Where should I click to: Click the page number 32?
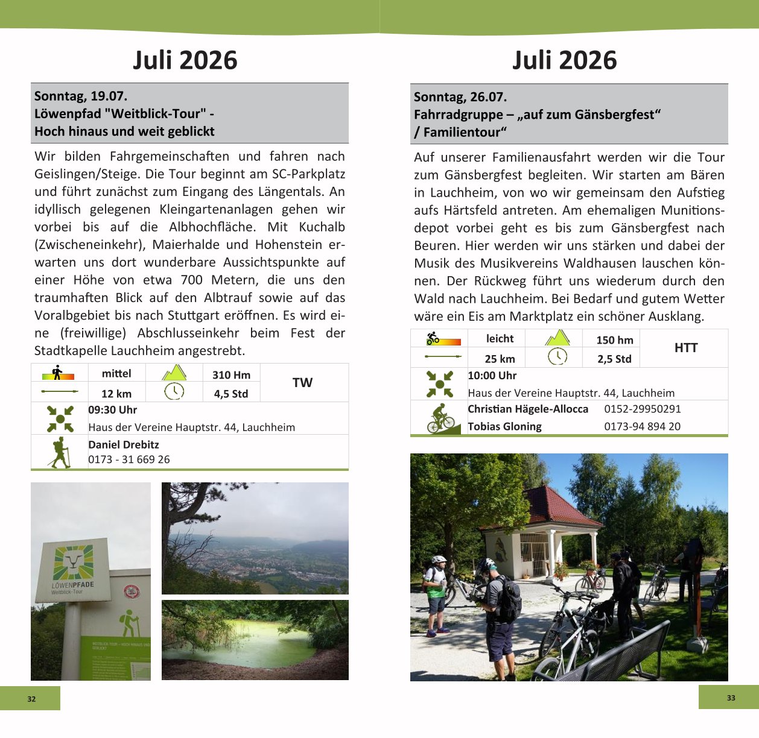(31, 699)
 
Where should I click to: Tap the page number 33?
(731, 698)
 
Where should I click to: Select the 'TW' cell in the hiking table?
(302, 383)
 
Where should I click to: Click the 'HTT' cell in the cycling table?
(685, 348)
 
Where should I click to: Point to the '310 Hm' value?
(231, 375)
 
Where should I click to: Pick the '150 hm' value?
(614, 340)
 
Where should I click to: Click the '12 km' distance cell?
(116, 394)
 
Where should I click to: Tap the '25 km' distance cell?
(500, 359)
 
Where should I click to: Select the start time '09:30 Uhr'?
(113, 410)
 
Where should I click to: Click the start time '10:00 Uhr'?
(492, 376)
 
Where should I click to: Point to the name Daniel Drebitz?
(124, 445)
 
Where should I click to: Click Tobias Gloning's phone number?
(642, 426)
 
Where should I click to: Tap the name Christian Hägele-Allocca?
(528, 409)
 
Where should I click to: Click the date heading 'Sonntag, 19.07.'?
(81, 96)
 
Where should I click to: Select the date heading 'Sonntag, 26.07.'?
(460, 97)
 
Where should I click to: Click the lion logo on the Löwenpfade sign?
(74, 562)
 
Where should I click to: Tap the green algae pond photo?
(255, 640)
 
